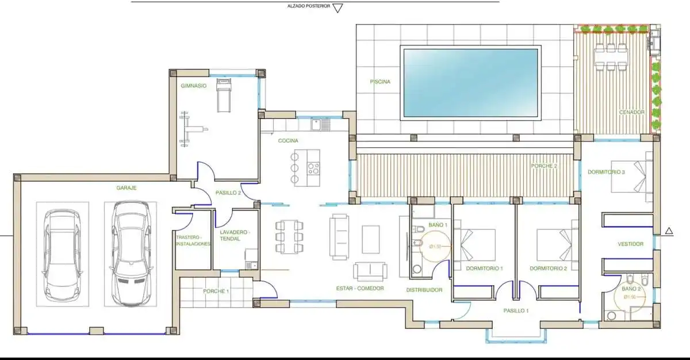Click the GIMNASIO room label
pyautogui.click(x=193, y=86)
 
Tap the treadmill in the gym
pyautogui.click(x=224, y=95)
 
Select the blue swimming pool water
pyautogui.click(x=470, y=83)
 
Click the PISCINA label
pyautogui.click(x=380, y=82)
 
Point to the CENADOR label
pyautogui.click(x=632, y=112)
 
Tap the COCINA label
pyautogui.click(x=288, y=141)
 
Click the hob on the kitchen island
pyautogui.click(x=313, y=168)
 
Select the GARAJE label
pyautogui.click(x=126, y=187)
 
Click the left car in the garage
pyautogui.click(x=63, y=255)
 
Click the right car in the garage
pyautogui.click(x=131, y=254)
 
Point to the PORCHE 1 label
pyautogui.click(x=216, y=291)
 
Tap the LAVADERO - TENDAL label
pyautogui.click(x=235, y=235)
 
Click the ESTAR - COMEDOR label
pyautogui.click(x=360, y=288)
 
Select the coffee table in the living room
pyautogui.click(x=370, y=239)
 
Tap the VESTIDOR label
pyautogui.click(x=631, y=244)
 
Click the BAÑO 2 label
pyautogui.click(x=631, y=289)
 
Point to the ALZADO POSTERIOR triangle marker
pyautogui.click(x=338, y=8)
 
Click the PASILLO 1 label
pyautogui.click(x=516, y=311)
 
